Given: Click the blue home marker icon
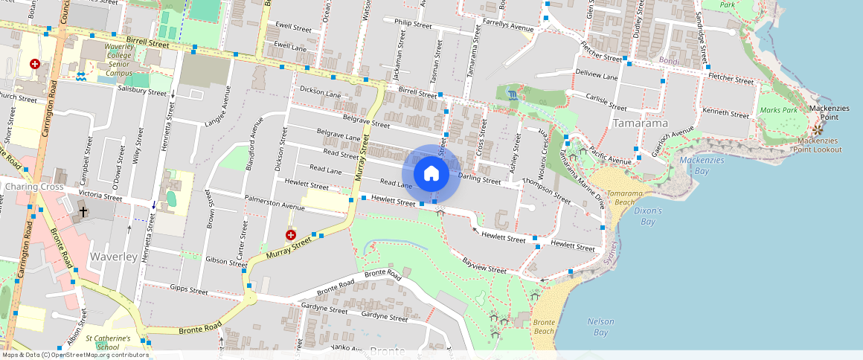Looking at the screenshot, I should [431, 173].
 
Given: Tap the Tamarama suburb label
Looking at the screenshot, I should [639, 123].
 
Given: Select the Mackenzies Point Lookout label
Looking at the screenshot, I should [819, 145].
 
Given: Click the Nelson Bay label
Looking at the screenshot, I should [600, 327].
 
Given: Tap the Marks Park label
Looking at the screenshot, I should [779, 111].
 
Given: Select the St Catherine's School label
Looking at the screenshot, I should [108, 342].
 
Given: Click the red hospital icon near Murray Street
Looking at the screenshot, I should [291, 234].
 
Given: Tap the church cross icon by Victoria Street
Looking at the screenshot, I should [83, 212].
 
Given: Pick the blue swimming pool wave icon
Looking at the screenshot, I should [80, 77].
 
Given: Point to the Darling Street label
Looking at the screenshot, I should [480, 179].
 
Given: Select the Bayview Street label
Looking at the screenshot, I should [484, 266].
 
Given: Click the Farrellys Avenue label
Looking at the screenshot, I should [508, 28].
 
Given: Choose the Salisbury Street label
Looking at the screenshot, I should [142, 91].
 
